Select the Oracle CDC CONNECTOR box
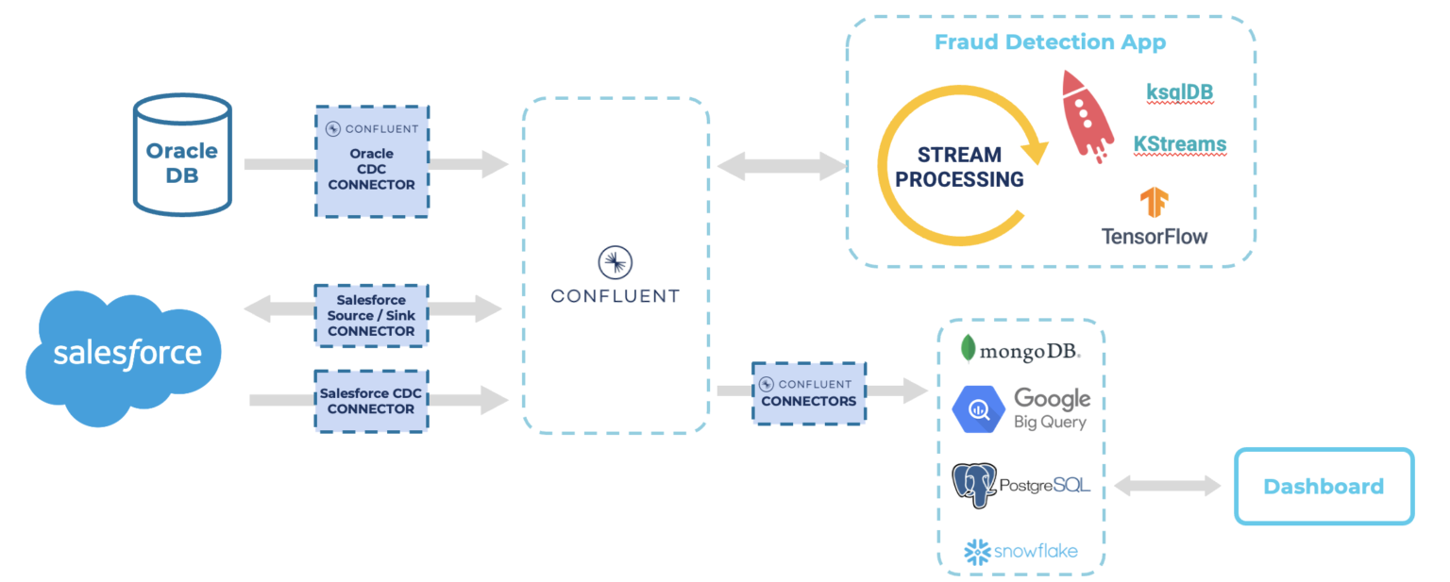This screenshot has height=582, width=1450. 371,161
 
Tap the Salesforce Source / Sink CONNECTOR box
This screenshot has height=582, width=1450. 371,315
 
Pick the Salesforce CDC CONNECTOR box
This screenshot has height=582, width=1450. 371,401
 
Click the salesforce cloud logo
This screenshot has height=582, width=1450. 123,357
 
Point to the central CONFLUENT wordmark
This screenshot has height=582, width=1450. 615,296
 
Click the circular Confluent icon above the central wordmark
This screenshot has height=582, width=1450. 615,263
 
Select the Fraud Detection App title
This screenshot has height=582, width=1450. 1050,42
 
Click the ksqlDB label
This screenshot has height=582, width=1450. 1179,91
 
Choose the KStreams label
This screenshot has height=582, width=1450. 1180,144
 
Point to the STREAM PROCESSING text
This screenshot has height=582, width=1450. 959,167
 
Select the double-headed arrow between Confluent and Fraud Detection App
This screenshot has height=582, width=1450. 782,167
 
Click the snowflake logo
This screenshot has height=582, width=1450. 1020,551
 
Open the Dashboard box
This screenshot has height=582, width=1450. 1324,487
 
